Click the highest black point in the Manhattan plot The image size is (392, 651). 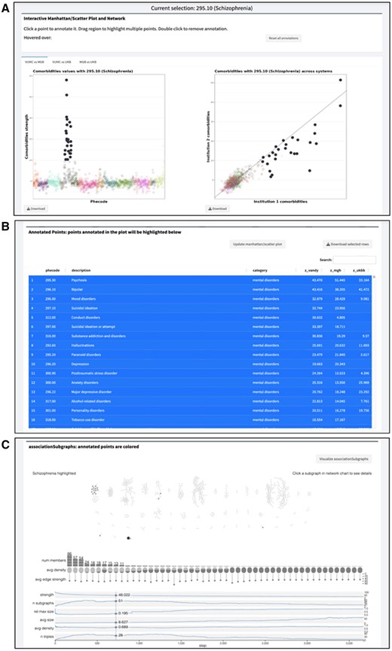point(66,80)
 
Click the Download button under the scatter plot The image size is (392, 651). point(219,208)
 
